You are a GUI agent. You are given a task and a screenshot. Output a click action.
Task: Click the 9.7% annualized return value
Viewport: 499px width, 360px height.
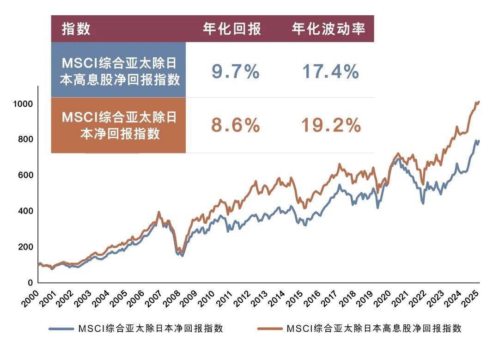pyautogui.click(x=235, y=72)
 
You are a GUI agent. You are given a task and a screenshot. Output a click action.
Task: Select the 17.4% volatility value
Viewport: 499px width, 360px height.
pyautogui.click(x=330, y=72)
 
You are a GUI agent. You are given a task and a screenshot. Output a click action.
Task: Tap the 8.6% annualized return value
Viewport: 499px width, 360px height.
pyautogui.click(x=235, y=125)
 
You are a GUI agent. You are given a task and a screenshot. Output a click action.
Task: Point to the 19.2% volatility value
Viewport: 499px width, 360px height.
pyautogui.click(x=330, y=125)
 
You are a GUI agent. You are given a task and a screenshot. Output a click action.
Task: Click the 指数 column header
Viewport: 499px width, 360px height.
pyautogui.click(x=76, y=29)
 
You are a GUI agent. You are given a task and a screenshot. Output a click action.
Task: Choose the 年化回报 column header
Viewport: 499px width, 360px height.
pyautogui.click(x=232, y=29)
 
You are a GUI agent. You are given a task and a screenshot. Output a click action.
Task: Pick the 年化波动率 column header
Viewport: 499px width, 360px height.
pyautogui.click(x=329, y=29)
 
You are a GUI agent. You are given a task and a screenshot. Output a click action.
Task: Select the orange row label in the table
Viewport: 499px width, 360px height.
pyautogui.click(x=119, y=125)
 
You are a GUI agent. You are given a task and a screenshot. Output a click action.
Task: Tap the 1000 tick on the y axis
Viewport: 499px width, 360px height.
pyautogui.click(x=23, y=104)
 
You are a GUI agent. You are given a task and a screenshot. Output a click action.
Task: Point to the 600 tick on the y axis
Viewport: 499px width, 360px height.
pyautogui.click(x=25, y=175)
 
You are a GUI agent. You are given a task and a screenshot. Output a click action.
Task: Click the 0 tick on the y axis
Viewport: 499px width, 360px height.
pyautogui.click(x=30, y=282)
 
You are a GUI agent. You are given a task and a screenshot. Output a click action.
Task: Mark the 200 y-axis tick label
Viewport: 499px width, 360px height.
pyautogui.click(x=25, y=247)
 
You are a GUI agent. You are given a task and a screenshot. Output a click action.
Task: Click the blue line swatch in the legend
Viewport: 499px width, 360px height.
pyautogui.click(x=61, y=329)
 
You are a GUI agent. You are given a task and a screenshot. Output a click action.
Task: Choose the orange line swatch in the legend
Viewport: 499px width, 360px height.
pyautogui.click(x=269, y=329)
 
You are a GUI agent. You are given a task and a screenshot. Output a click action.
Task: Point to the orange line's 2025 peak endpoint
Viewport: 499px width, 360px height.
pyautogui.click(x=479, y=101)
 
